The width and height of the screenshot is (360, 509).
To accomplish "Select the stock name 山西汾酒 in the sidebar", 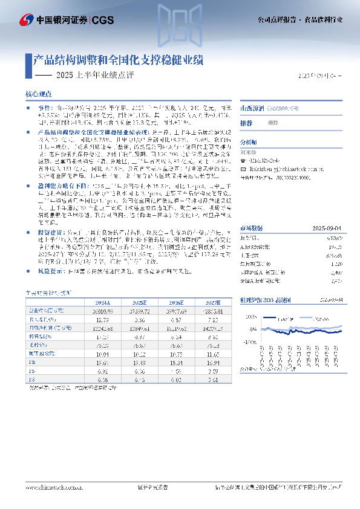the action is click(252, 108).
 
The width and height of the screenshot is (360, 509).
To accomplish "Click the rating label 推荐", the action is click(246, 123).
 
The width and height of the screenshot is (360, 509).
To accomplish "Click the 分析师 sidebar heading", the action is click(249, 142).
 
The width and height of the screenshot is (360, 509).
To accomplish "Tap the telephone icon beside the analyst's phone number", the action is click(244, 161).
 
